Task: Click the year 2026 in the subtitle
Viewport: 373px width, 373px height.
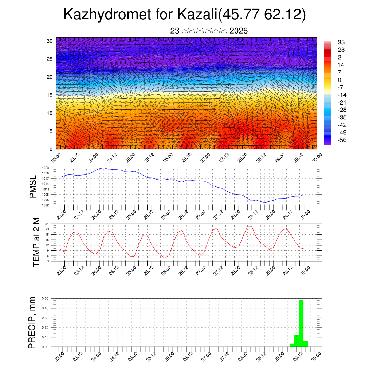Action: [239, 31]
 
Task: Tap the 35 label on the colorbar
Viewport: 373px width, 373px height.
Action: [341, 43]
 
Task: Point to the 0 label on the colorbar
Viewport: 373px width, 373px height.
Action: [339, 80]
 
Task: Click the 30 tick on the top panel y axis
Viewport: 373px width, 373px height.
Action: [50, 41]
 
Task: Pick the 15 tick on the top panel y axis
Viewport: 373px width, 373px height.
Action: [50, 95]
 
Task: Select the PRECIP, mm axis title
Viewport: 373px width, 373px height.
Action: [32, 322]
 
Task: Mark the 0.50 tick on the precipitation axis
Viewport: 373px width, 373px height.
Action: [45, 299]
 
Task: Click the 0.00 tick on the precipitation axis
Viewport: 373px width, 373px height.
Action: [45, 347]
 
